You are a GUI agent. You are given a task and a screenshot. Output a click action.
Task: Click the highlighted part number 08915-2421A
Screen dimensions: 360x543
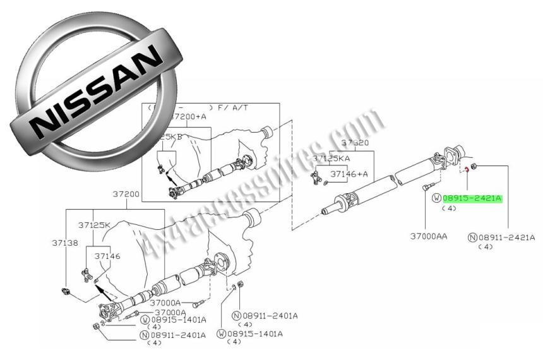(472, 198)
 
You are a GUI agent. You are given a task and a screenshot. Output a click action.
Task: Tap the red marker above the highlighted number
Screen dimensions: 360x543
(465, 169)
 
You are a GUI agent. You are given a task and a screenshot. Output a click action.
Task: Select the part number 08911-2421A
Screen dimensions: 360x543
(506, 237)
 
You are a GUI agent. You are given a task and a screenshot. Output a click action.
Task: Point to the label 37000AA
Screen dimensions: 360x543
(429, 236)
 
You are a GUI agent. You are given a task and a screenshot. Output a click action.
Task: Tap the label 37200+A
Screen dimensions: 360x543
(189, 117)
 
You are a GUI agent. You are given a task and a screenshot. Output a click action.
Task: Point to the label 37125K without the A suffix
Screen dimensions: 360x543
(94, 225)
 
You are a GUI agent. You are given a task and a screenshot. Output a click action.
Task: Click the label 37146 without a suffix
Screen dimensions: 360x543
(107, 256)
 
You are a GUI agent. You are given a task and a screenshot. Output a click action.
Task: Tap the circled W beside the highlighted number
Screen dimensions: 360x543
(436, 198)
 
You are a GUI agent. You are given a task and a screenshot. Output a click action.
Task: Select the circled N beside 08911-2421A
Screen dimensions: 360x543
(472, 237)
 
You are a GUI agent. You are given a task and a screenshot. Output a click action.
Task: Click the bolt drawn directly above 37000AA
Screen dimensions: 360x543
(427, 186)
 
